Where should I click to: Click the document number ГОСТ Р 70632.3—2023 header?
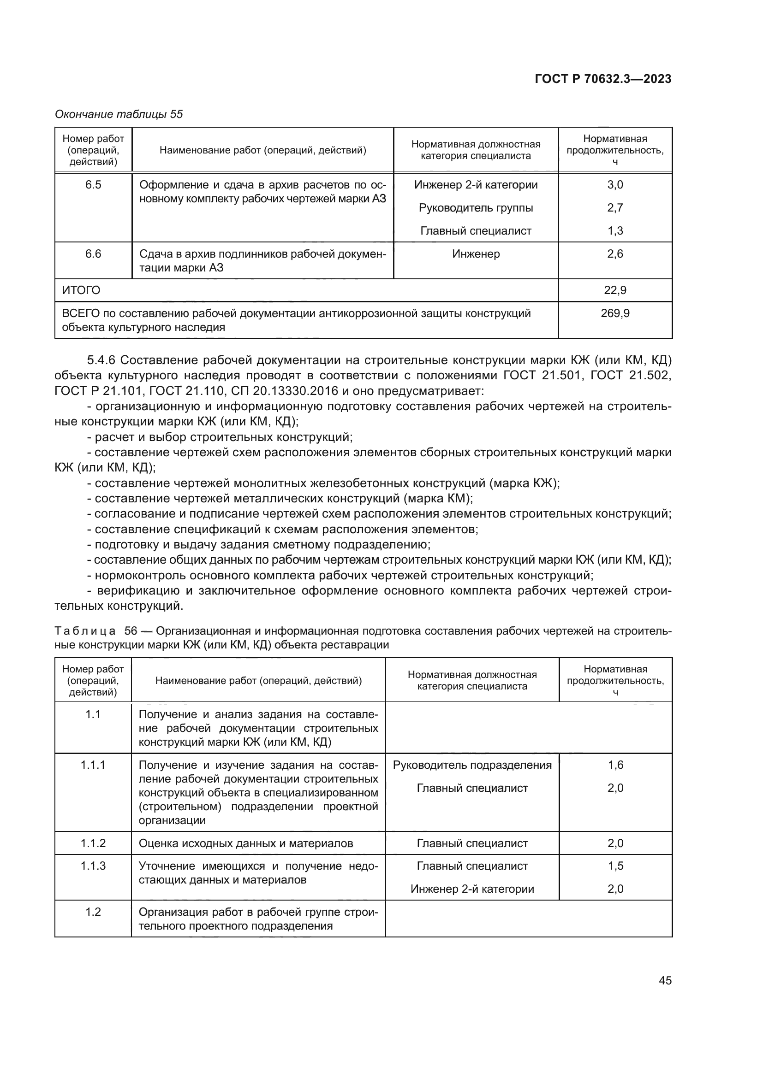click(x=603, y=79)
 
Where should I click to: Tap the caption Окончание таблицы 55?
click(x=119, y=114)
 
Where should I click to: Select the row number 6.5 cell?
click(x=93, y=184)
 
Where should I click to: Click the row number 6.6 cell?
click(x=93, y=253)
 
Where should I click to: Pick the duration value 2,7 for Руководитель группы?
click(x=614, y=207)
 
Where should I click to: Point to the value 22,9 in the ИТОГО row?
click(x=614, y=290)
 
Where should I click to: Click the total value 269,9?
click(x=614, y=313)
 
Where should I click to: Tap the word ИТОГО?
click(x=81, y=290)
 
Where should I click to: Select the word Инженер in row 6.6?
click(x=476, y=253)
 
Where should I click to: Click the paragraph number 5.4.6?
click(x=102, y=359)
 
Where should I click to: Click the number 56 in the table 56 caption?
click(x=130, y=630)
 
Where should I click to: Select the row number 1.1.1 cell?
click(x=93, y=765)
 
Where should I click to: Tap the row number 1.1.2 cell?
click(x=93, y=843)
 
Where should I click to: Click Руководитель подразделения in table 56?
click(x=472, y=765)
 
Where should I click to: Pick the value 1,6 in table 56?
click(x=615, y=765)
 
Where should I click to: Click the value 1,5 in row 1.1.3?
click(x=615, y=866)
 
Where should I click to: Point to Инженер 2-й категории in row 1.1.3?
click(x=472, y=889)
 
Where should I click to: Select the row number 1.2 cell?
click(x=93, y=912)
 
